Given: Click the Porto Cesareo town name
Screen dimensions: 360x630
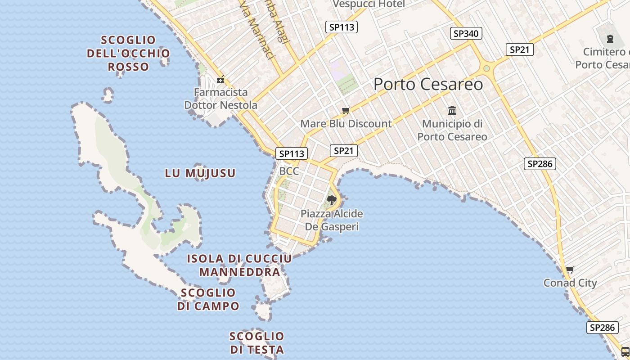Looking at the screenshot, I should pyautogui.click(x=428, y=84).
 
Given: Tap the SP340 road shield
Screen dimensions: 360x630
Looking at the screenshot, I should pyautogui.click(x=466, y=33).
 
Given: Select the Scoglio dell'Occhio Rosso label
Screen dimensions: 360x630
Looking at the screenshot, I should pyautogui.click(x=128, y=53).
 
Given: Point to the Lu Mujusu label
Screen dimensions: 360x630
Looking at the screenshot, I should pyautogui.click(x=200, y=173).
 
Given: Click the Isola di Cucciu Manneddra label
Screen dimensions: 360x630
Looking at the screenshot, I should pyautogui.click(x=239, y=265).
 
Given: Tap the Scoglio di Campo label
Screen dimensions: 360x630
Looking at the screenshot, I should pyautogui.click(x=208, y=299).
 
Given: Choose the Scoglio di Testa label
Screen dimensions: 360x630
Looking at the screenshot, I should pyautogui.click(x=257, y=343).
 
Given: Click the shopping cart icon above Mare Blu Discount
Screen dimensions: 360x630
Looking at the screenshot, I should pyautogui.click(x=346, y=110).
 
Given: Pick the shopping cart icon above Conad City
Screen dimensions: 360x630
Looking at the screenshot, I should pyautogui.click(x=570, y=270).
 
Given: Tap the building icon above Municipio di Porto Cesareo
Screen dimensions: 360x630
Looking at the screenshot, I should pyautogui.click(x=452, y=110).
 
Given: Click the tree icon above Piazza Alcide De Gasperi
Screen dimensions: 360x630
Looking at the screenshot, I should pyautogui.click(x=332, y=200).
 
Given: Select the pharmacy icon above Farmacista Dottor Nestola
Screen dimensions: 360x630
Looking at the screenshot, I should pyautogui.click(x=220, y=80).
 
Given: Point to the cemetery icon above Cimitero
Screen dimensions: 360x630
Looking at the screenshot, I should pyautogui.click(x=610, y=39).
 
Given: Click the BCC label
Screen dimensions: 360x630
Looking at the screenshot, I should pyautogui.click(x=289, y=171).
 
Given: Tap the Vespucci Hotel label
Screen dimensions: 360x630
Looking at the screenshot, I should pyautogui.click(x=369, y=4).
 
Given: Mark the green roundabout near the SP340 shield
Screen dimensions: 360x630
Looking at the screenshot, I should pyautogui.click(x=486, y=68).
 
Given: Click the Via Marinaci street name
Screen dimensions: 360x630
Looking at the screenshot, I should pyautogui.click(x=257, y=34).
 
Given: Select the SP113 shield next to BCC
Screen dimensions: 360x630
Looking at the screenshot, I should pyautogui.click(x=292, y=153).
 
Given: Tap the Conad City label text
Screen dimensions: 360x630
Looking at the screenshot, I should pyautogui.click(x=570, y=283).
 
